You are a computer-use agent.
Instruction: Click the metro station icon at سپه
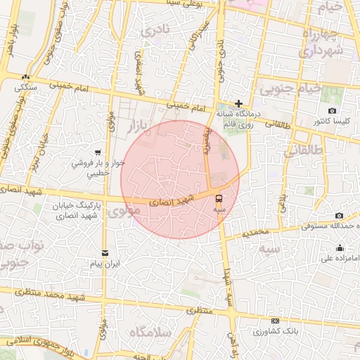point(218,198)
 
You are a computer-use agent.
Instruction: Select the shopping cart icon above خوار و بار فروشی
point(98,152)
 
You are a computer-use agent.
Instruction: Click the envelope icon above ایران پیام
point(105,252)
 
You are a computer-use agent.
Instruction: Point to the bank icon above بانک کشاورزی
point(275,321)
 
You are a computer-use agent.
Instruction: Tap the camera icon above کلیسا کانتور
point(332,110)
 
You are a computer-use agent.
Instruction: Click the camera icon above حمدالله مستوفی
point(339,215)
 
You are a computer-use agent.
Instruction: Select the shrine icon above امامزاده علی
point(340,247)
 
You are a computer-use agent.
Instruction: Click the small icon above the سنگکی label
point(26,77)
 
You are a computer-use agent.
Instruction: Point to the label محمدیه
point(253,231)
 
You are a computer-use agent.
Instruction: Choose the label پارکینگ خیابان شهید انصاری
point(77,210)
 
